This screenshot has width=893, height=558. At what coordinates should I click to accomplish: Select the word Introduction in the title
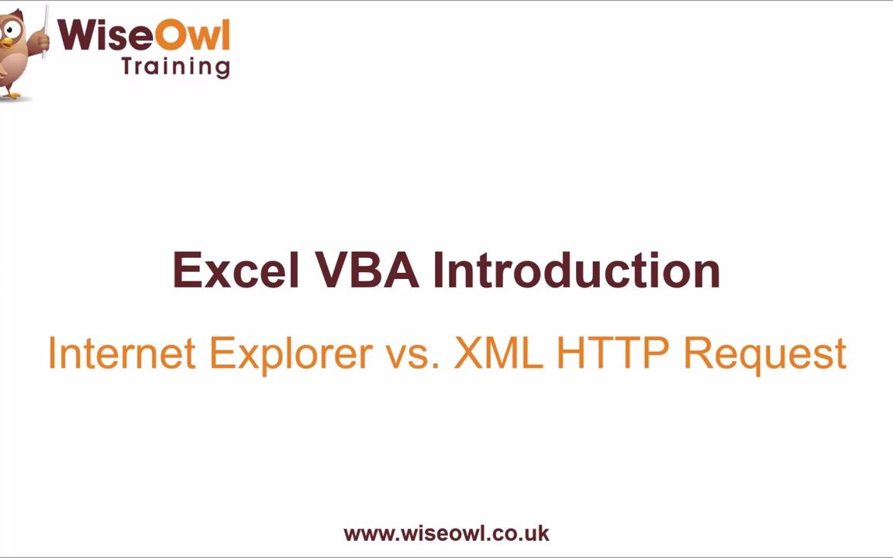tap(577, 270)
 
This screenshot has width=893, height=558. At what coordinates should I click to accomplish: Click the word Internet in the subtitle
tap(121, 353)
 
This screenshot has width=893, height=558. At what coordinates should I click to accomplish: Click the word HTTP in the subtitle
tap(612, 353)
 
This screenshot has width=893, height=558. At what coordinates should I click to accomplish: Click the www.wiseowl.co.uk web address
tap(446, 533)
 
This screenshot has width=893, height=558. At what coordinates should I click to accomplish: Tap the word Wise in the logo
tap(105, 36)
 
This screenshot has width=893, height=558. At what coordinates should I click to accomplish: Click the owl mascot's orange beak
tap(6, 43)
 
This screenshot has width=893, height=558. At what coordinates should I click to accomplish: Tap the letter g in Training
tap(222, 67)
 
